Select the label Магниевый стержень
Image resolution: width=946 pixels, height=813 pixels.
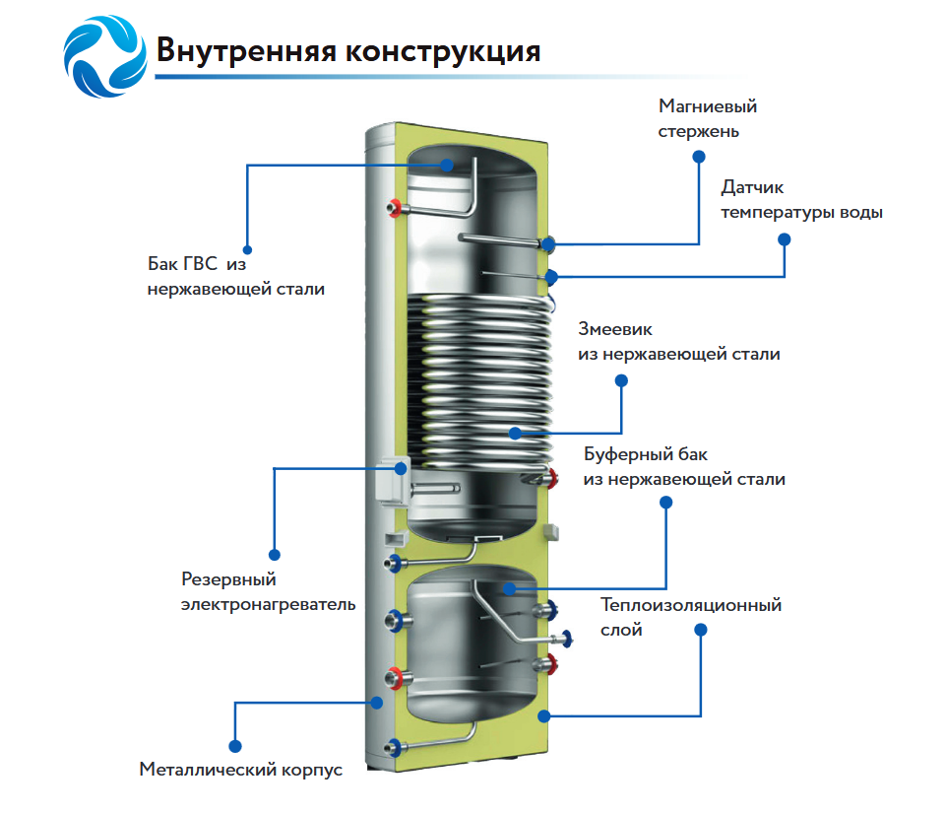pyautogui.click(x=708, y=118)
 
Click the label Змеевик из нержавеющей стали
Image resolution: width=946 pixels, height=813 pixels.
pyautogui.click(x=678, y=341)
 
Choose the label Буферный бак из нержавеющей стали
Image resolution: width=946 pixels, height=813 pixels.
pyautogui.click(x=684, y=467)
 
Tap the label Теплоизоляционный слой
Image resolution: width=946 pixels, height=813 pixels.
pyautogui.click(x=691, y=617)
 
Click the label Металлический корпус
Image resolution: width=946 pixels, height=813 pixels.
pyautogui.click(x=241, y=770)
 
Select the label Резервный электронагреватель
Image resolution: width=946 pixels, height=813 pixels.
pyautogui.click(x=268, y=591)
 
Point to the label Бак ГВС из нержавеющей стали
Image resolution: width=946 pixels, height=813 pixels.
pyautogui.click(x=236, y=277)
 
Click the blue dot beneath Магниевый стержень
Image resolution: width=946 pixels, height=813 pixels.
pyautogui.click(x=699, y=156)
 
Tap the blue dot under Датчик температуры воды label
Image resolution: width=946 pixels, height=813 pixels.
pyautogui.click(x=785, y=238)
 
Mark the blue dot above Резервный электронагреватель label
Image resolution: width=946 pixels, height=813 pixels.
pyautogui.click(x=275, y=555)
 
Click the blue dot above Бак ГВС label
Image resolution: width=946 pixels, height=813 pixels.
pyautogui.click(x=247, y=250)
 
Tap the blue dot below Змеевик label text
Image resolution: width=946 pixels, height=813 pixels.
pyautogui.click(x=620, y=379)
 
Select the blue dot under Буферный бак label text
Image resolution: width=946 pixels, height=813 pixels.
pyautogui.click(x=665, y=502)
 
